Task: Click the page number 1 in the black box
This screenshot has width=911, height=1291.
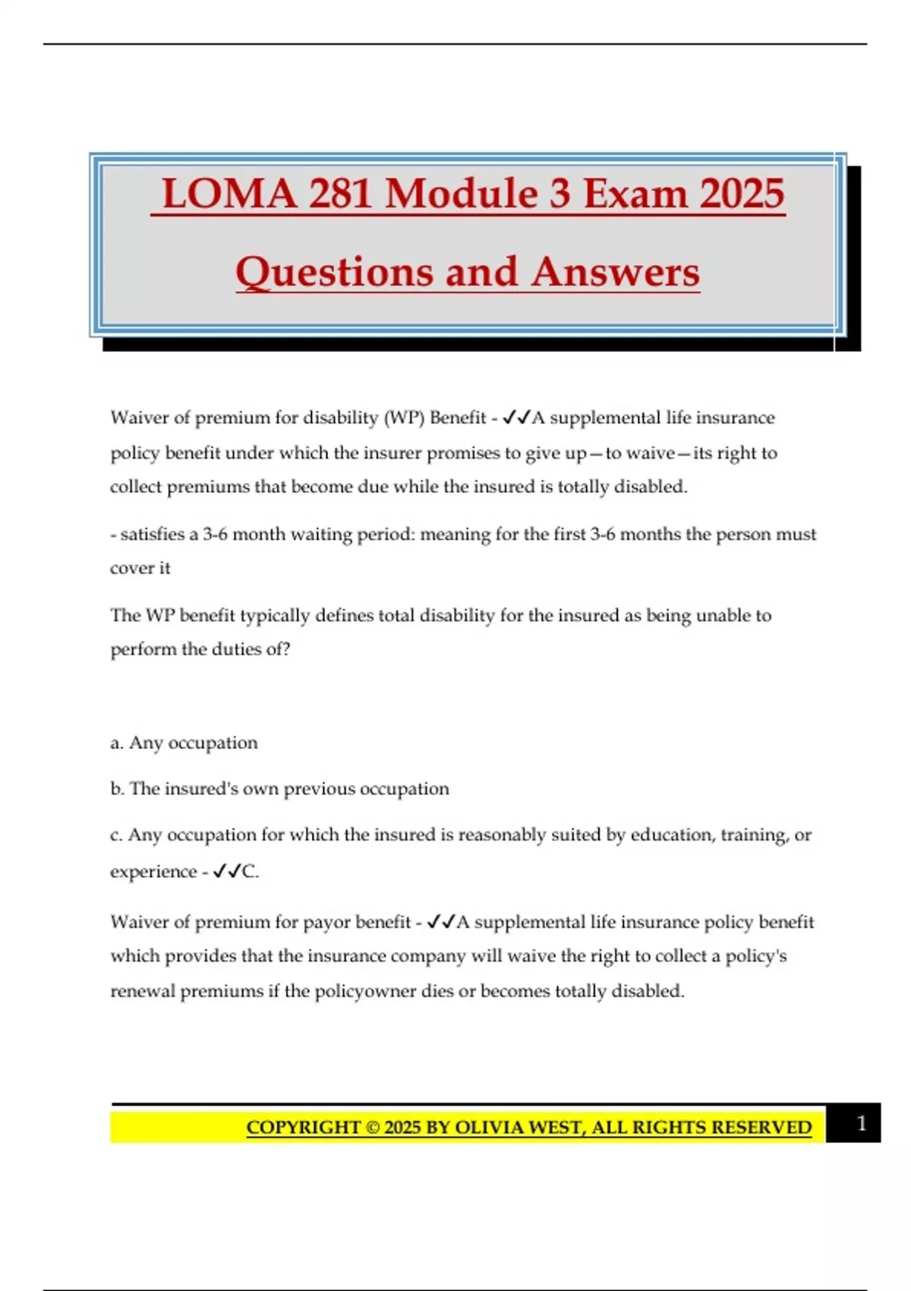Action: (x=861, y=1123)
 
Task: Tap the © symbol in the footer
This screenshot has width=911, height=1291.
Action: (x=372, y=1128)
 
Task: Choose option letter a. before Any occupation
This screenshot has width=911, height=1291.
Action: (x=117, y=743)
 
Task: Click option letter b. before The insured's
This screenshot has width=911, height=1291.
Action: (x=117, y=789)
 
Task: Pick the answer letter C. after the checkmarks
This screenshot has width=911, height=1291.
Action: (x=251, y=872)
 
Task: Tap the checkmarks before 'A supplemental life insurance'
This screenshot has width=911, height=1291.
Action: (x=516, y=418)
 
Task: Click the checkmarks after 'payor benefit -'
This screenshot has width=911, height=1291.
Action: (x=440, y=922)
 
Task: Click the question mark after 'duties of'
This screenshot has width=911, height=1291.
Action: (x=286, y=649)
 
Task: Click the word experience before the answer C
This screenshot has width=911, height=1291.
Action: (x=153, y=872)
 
